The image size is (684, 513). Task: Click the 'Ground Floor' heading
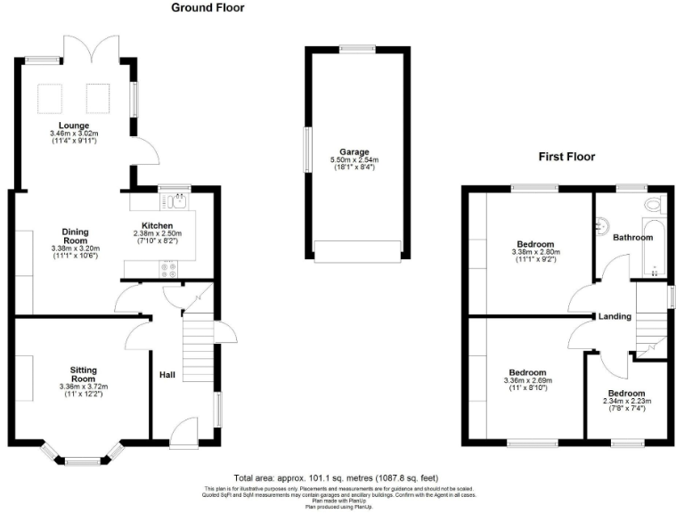coord(208,8)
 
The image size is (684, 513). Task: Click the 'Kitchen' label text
coord(158,225)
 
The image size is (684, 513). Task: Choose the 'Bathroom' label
coord(632,237)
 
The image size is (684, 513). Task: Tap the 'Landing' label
coord(615,316)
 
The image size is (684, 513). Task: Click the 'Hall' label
coord(167,376)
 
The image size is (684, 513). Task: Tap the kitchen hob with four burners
coord(168,266)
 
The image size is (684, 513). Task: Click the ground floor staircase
coord(198,351)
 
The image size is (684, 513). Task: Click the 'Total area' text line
coord(336,478)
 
